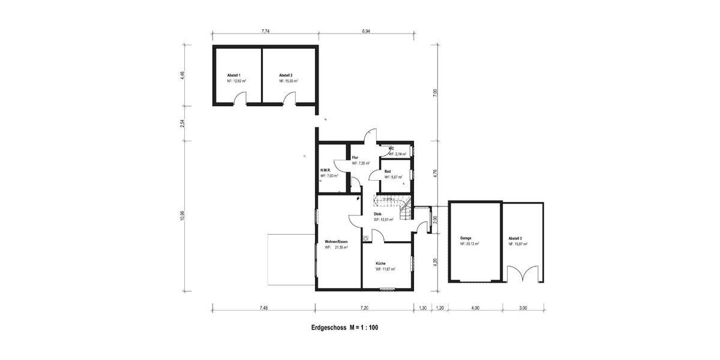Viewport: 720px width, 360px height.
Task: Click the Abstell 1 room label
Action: tap(233, 75)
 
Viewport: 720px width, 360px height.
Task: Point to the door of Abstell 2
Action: tap(288, 99)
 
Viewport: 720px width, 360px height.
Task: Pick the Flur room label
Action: tap(355, 157)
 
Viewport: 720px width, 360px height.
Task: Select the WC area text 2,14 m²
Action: tap(397, 154)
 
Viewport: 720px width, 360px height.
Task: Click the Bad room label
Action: tap(388, 171)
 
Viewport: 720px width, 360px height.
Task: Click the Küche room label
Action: tap(381, 263)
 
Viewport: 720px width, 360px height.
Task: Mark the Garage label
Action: tap(466, 238)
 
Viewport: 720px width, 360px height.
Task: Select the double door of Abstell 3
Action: tap(523, 275)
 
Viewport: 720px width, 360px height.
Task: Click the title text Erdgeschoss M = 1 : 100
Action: tap(344, 328)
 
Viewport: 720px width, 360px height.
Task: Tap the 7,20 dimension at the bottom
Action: tap(364, 308)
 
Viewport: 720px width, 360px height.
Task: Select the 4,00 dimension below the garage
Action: tap(475, 308)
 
